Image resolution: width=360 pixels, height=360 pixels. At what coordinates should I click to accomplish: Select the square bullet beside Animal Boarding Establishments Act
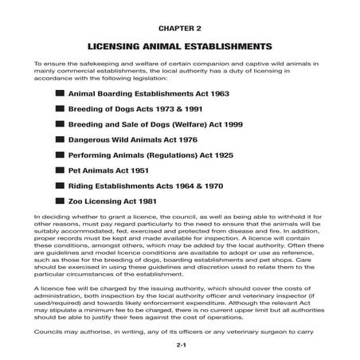61,94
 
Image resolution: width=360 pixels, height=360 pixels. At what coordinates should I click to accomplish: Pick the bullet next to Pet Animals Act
61,170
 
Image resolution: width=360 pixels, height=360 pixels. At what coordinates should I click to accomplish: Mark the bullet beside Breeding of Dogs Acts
61,109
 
